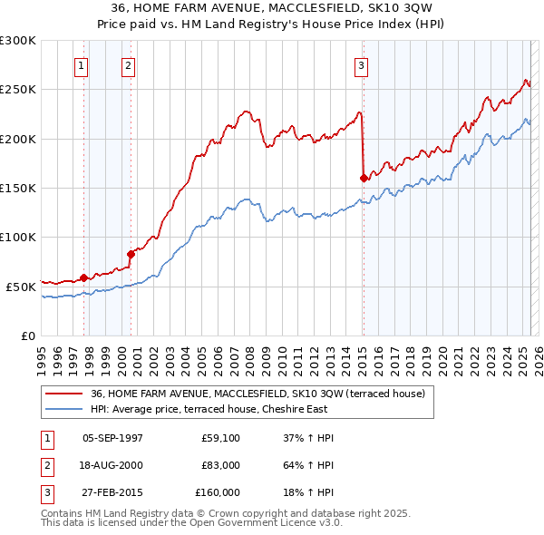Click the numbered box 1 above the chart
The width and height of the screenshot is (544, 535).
(x=82, y=64)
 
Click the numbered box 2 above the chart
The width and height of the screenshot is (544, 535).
(x=129, y=64)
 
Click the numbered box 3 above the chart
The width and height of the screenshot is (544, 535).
(x=361, y=64)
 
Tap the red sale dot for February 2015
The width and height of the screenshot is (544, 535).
(x=364, y=178)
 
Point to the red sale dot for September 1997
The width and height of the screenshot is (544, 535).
(x=83, y=277)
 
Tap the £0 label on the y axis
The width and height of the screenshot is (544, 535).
(x=27, y=336)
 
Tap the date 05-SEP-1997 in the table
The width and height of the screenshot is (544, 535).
(x=112, y=438)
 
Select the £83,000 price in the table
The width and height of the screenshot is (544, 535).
(x=221, y=465)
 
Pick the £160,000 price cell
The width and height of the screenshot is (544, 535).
(x=218, y=492)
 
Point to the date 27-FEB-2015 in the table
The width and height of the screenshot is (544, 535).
(x=112, y=492)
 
